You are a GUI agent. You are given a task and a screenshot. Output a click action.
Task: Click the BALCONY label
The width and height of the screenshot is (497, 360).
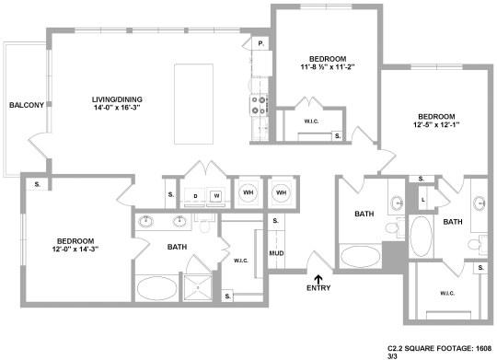[x=26, y=105]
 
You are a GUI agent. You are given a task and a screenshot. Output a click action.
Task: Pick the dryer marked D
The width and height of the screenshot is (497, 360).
[x=195, y=195]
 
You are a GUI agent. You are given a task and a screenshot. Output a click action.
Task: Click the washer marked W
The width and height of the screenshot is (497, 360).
[x=215, y=195]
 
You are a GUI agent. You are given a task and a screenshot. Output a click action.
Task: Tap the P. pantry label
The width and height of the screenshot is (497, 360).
[x=260, y=43]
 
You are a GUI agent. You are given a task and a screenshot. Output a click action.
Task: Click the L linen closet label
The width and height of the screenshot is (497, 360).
[x=422, y=199]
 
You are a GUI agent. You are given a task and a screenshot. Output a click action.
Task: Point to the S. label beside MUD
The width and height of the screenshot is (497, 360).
[x=276, y=222]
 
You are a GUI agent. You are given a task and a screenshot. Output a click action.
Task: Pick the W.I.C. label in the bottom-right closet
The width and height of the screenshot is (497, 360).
[x=448, y=294]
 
